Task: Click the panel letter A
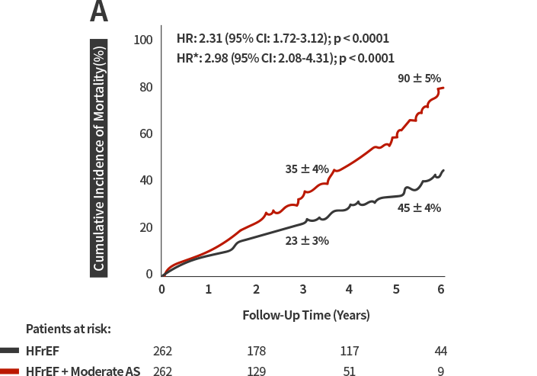pos(99,11)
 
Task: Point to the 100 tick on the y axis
pos(143,40)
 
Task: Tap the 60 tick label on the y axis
pos(146,133)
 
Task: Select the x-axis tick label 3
pos(302,289)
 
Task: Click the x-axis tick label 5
pos(396,289)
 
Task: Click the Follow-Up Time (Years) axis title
pos(306,315)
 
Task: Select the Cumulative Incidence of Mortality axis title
pos(99,158)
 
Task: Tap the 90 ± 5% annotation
pos(419,79)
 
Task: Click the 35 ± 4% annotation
pos(307,169)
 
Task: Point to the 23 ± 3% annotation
pos(307,241)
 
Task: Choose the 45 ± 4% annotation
pos(419,208)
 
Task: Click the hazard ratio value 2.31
pos(210,38)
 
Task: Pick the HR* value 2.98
pos(216,58)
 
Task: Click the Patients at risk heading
pos(69,329)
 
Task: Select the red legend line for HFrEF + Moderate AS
pos(9,371)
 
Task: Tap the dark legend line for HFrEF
pos(9,351)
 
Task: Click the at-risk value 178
pos(257,351)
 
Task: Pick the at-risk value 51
pos(349,371)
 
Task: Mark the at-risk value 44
pos(441,351)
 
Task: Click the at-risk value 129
pos(257,371)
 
